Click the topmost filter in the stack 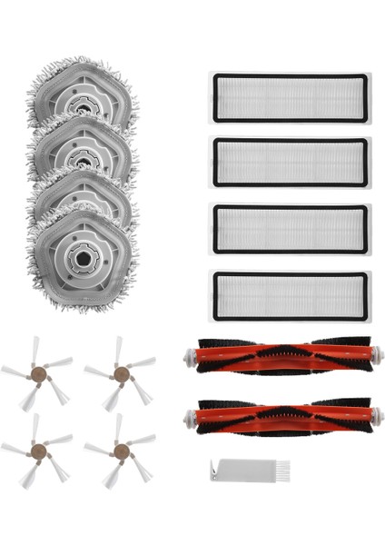tap(290, 97)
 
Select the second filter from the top tap(290, 163)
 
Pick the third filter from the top tap(290, 231)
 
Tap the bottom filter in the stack tap(290, 297)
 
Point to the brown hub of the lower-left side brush tap(37, 447)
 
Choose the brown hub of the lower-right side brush tap(119, 447)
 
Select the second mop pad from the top tap(84, 145)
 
